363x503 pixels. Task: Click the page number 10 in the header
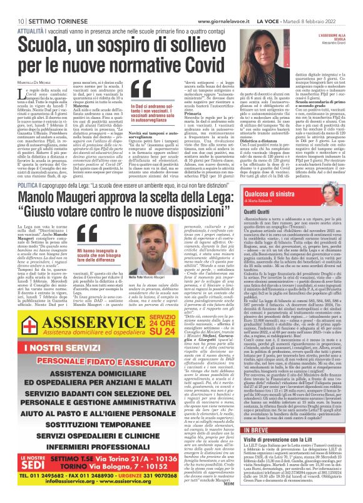[12, 6]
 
